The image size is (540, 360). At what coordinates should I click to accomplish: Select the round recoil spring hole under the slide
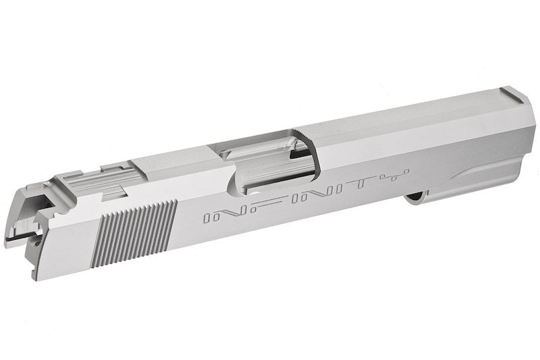tap(415, 197)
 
